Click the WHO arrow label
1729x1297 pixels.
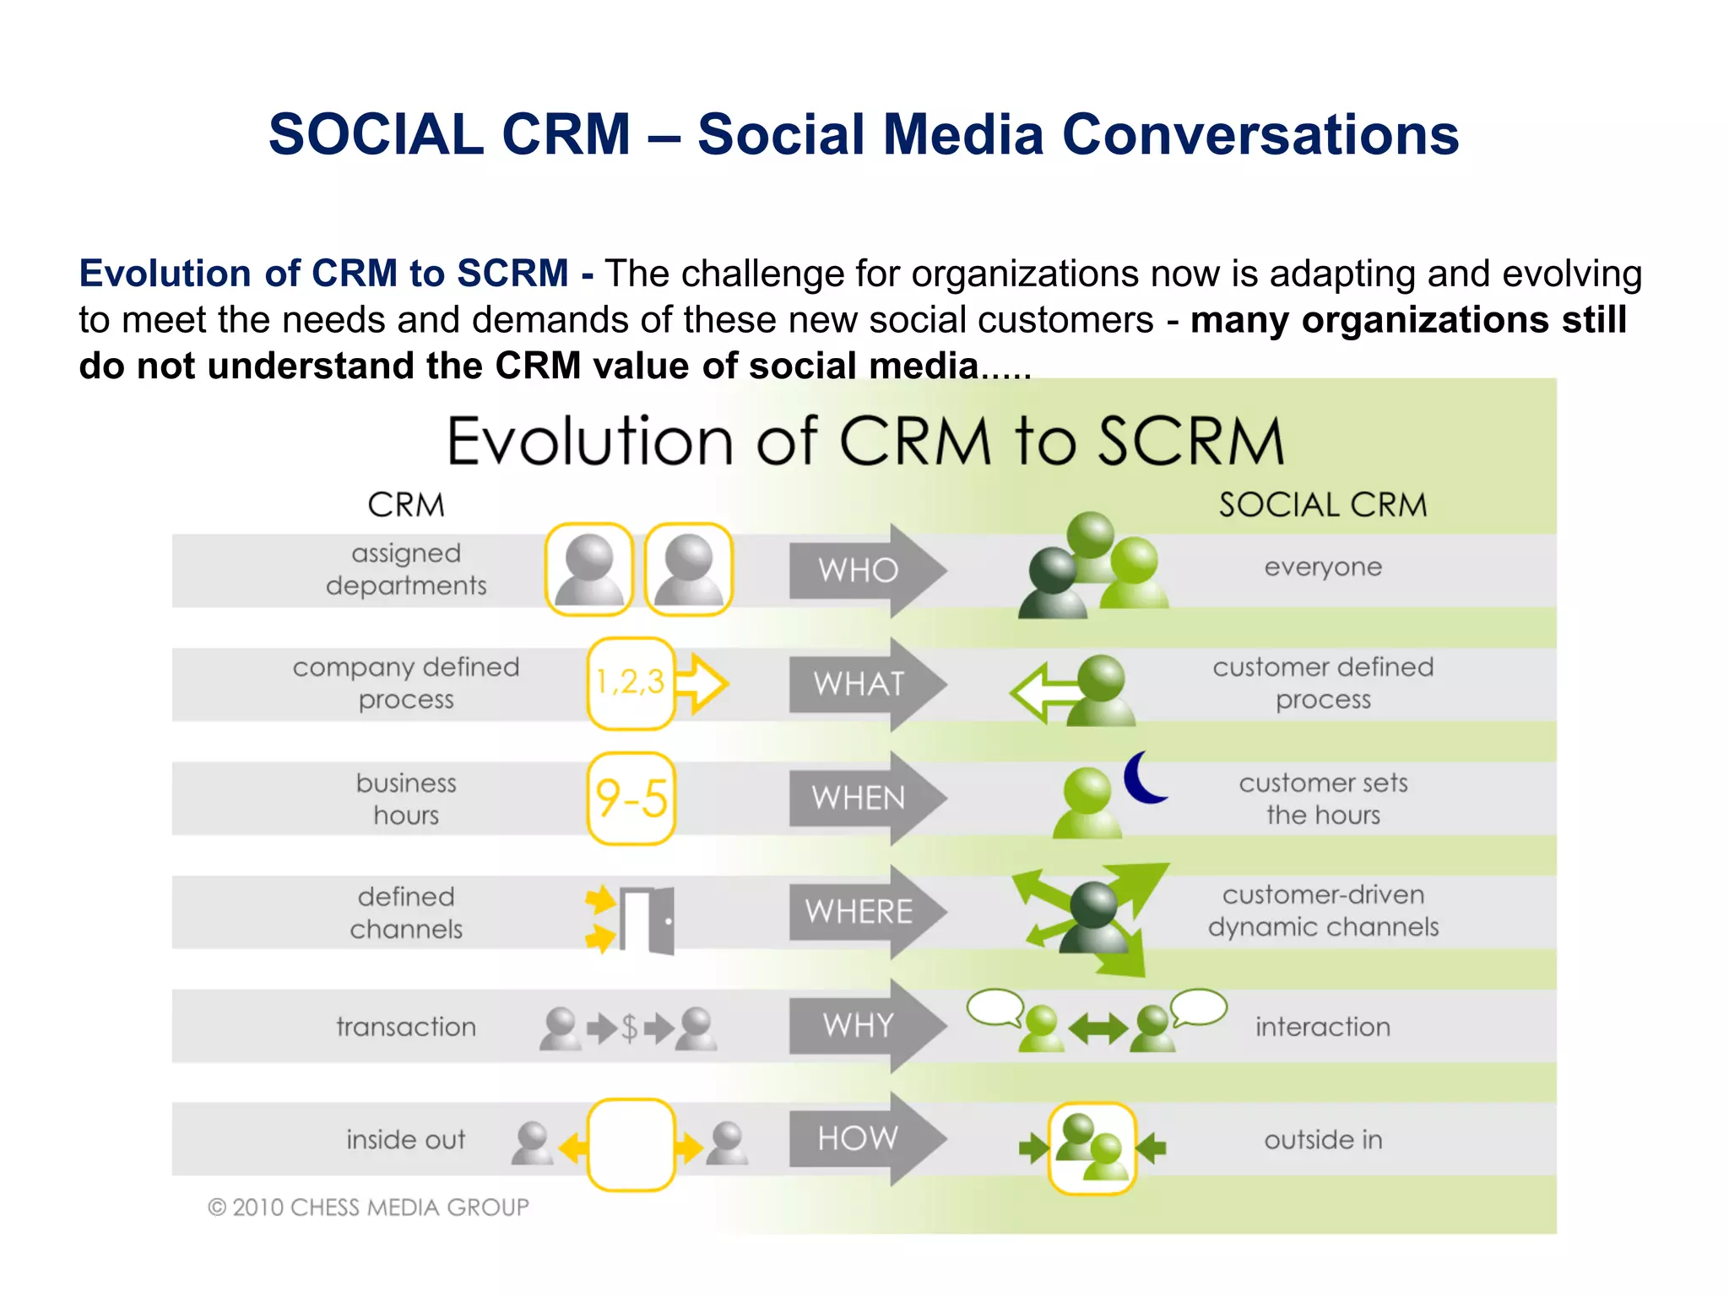[858, 570]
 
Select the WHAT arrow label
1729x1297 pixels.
[858, 683]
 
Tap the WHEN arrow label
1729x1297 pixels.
[858, 798]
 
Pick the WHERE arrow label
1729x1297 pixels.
[858, 912]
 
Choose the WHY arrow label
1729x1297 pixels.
[858, 1025]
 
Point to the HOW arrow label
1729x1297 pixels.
[858, 1138]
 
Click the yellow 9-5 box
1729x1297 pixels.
[631, 798]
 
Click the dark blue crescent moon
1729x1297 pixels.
[1143, 778]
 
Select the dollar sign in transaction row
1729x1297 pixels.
[629, 1028]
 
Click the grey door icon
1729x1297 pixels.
[648, 920]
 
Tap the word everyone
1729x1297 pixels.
[1322, 567]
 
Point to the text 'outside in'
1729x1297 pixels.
[1322, 1140]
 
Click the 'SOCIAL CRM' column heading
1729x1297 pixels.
[1322, 505]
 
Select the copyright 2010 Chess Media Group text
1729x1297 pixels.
[368, 1207]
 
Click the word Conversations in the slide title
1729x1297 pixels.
[1260, 135]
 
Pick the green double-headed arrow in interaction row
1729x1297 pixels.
[1098, 1029]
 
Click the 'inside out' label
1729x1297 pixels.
[405, 1140]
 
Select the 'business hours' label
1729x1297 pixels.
[405, 799]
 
